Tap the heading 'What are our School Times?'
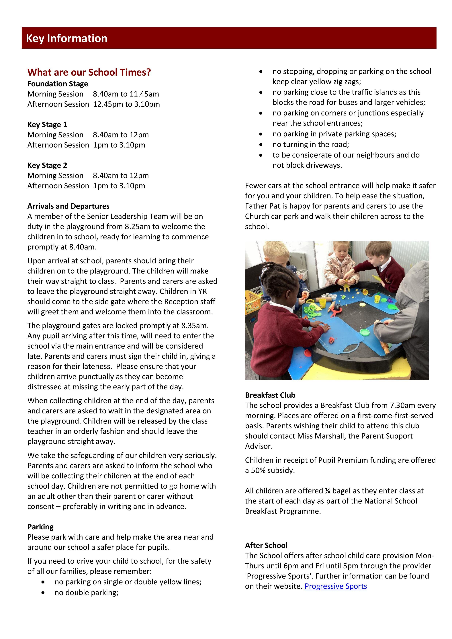pos(89,72)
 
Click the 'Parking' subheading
pos(40,527)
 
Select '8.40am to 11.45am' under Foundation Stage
pos(126,94)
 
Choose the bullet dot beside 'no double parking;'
pos(43,593)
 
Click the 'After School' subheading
pos(266,545)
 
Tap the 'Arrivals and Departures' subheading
pos(68,206)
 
